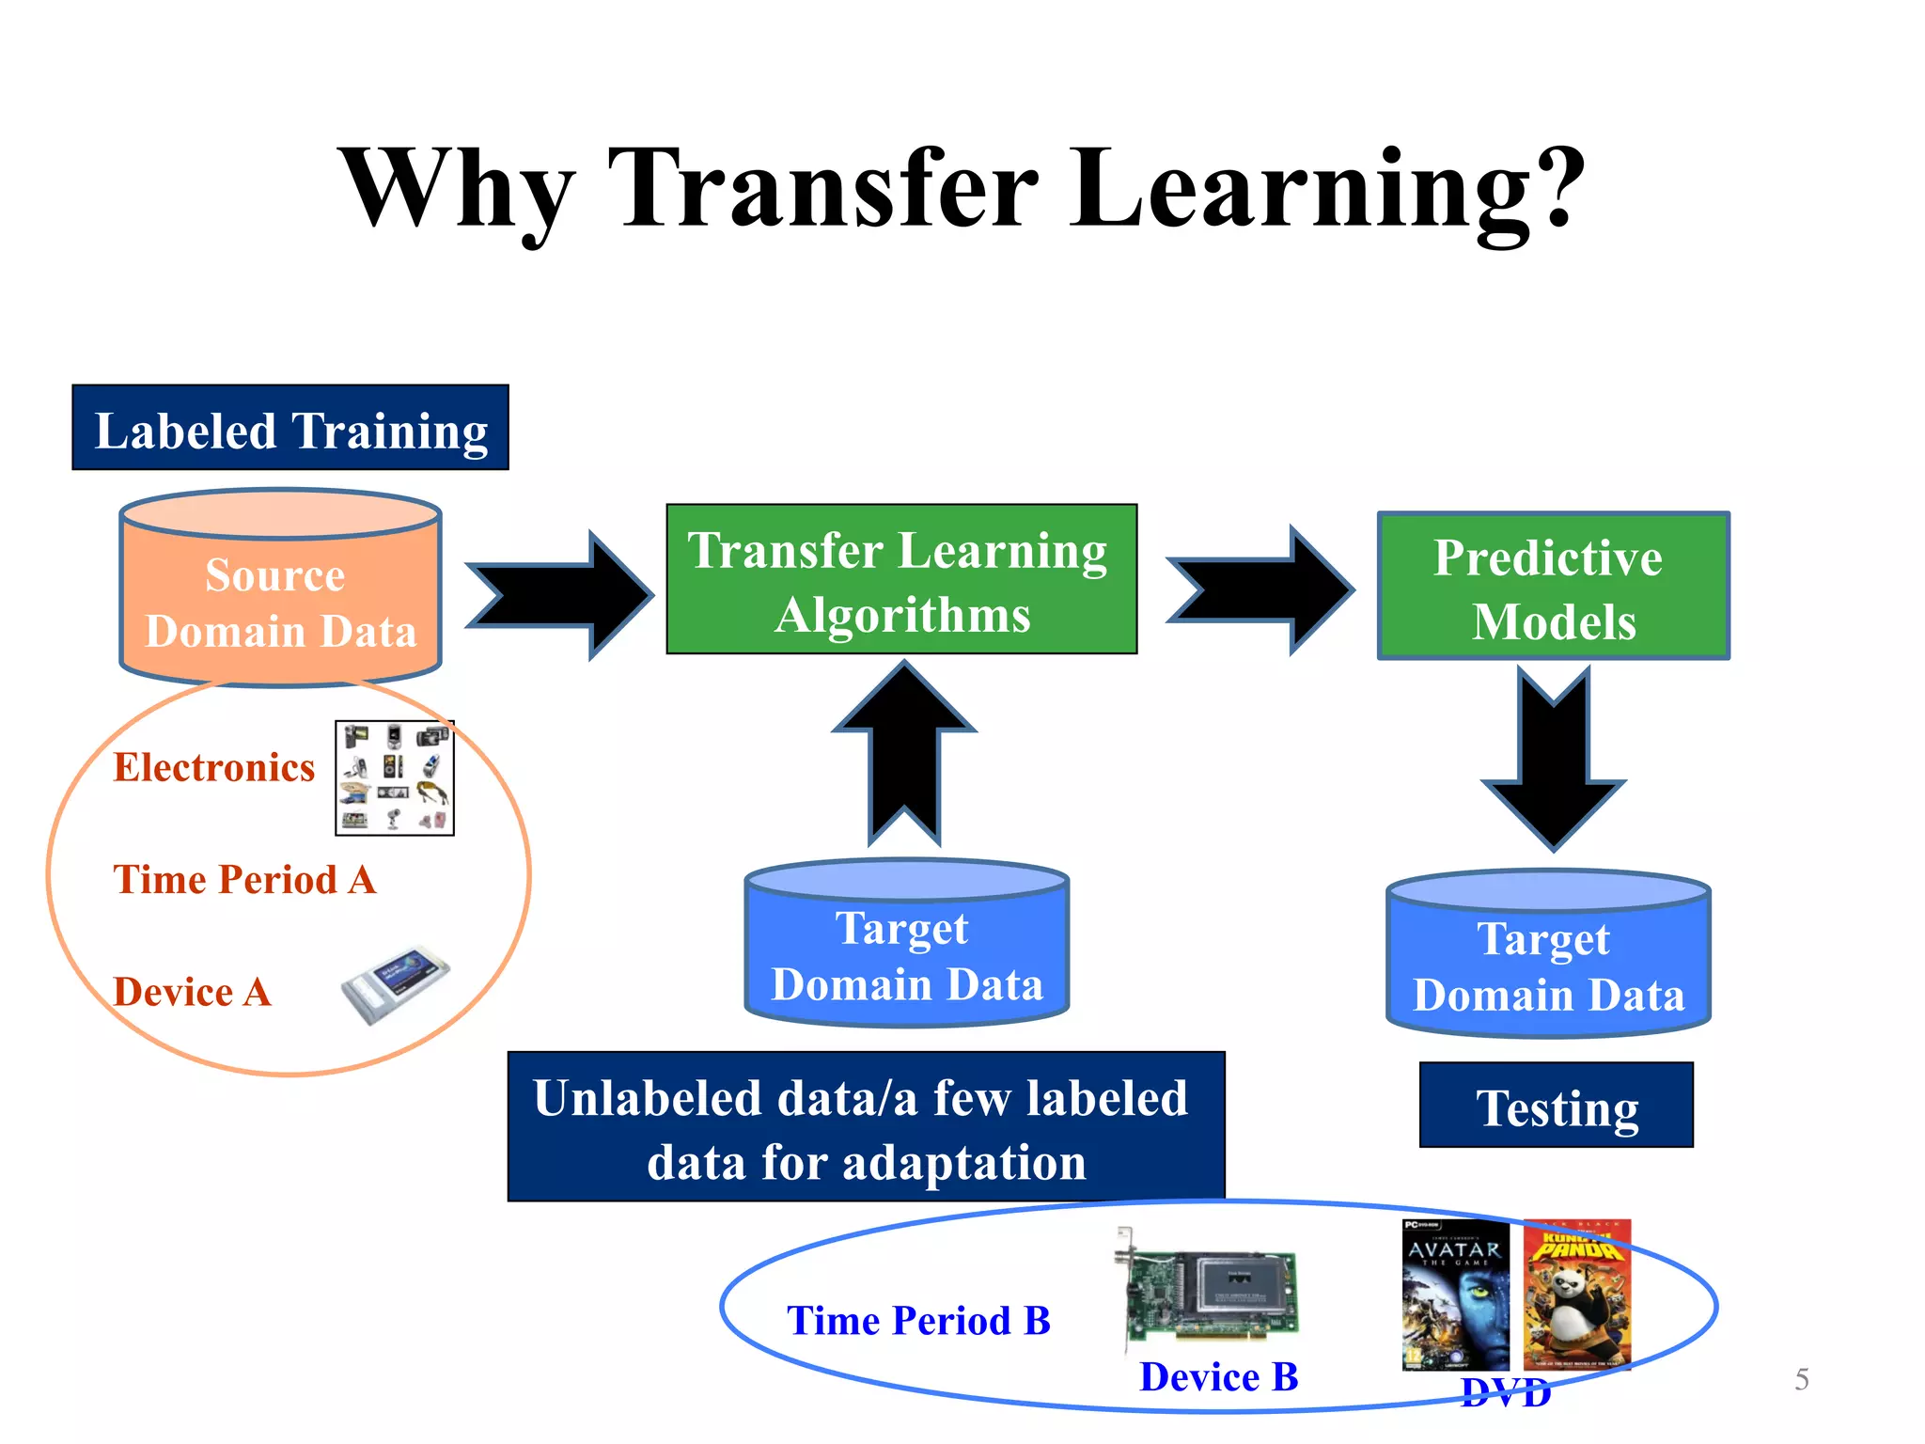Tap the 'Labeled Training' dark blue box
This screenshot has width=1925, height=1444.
290,428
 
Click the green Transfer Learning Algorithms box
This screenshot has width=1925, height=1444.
901,579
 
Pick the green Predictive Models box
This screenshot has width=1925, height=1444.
1553,587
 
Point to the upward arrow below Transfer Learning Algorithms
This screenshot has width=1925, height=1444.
904,752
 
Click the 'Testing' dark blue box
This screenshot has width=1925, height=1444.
1556,1106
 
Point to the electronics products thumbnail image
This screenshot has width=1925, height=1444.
395,778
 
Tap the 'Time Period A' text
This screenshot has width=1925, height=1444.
244,880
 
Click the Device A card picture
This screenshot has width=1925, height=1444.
395,984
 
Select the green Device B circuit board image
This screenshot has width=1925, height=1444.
1208,1293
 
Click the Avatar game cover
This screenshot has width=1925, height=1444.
1454,1295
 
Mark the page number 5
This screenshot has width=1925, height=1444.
1801,1379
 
